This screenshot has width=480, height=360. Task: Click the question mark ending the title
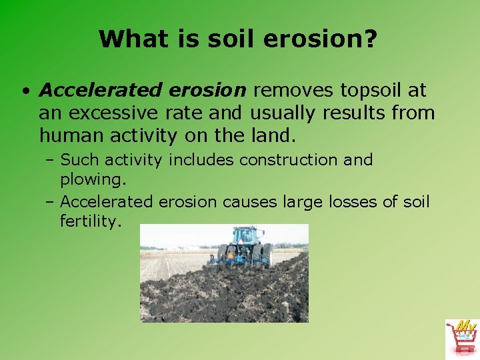pyautogui.click(x=371, y=39)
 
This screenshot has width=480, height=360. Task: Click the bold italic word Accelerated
pyautogui.click(x=100, y=90)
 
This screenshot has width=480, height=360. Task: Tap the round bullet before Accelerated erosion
pyautogui.click(x=24, y=91)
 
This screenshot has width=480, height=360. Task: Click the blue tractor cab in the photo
pyautogui.click(x=245, y=236)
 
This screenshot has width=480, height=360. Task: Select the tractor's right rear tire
pyautogui.click(x=267, y=255)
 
